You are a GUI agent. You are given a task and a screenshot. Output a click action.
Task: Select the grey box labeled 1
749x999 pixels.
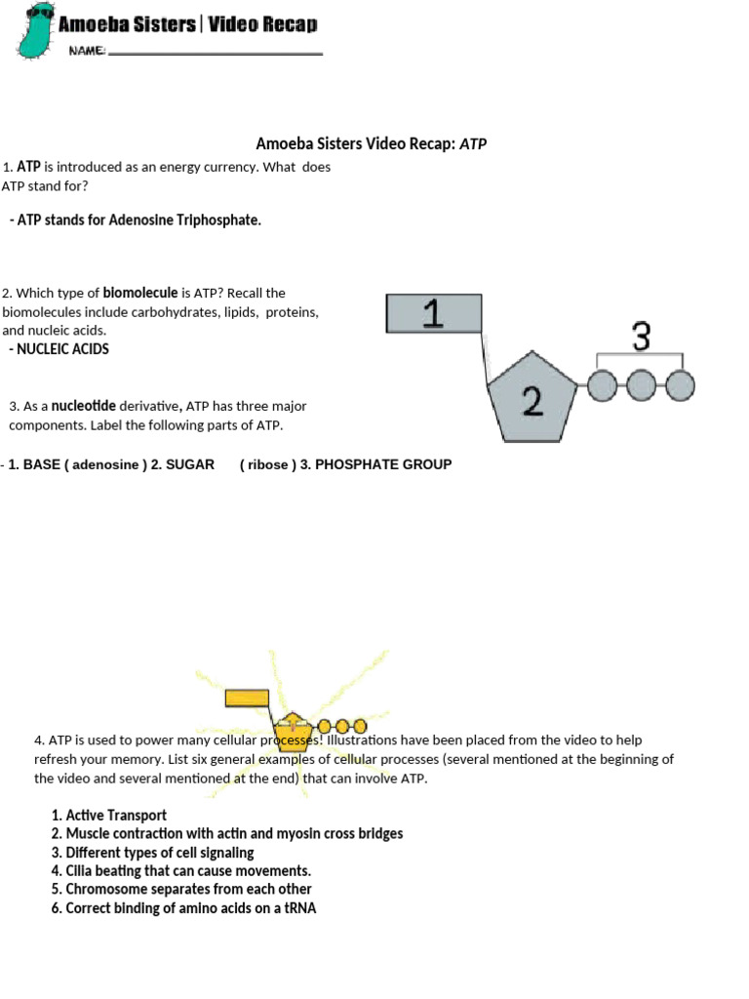(x=434, y=314)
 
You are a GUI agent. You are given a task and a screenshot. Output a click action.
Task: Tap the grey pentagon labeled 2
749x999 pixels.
(x=532, y=395)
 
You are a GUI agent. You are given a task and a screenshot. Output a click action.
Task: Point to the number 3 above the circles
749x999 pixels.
(x=641, y=337)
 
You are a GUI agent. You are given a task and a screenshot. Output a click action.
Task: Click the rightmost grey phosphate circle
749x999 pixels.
(x=680, y=386)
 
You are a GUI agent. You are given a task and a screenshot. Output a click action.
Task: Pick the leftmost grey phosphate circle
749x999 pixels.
(x=602, y=386)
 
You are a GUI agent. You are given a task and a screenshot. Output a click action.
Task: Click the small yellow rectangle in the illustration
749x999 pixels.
(x=247, y=698)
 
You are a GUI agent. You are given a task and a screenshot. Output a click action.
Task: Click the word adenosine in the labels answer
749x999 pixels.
(x=105, y=464)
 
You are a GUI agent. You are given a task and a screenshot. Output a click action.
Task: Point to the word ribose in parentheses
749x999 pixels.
(x=268, y=464)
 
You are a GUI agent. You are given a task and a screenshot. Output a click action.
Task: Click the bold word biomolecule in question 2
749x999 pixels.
(x=140, y=293)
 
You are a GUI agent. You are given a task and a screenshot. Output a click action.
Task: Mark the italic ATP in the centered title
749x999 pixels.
(x=473, y=144)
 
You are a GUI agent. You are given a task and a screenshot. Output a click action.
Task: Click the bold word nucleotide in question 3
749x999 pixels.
(x=84, y=406)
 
